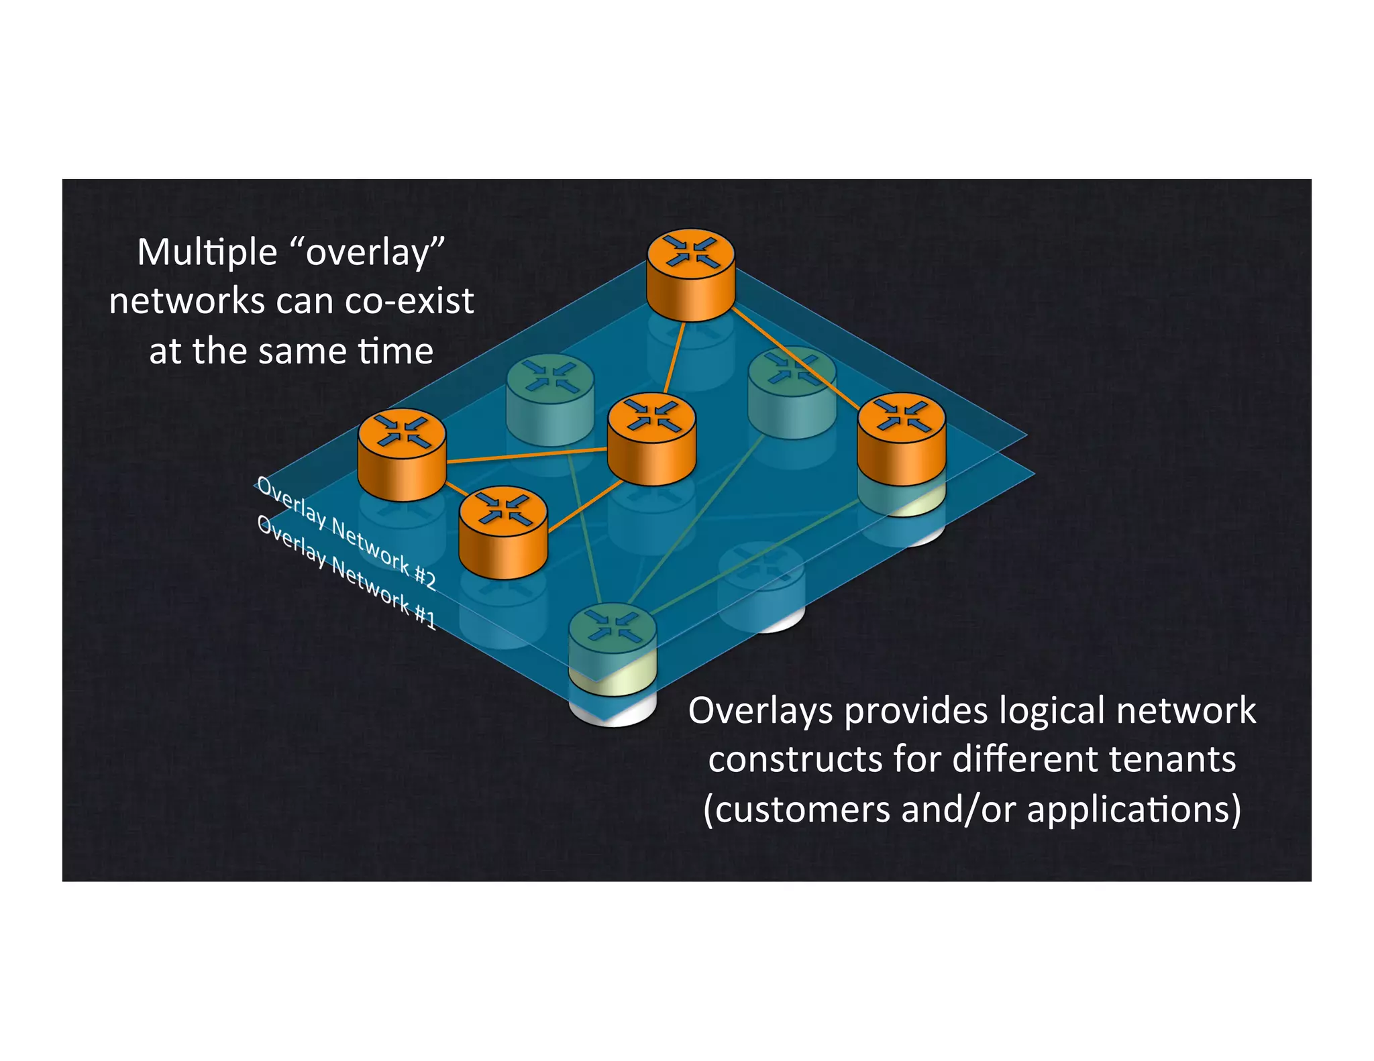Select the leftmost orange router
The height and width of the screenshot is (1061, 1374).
(402, 454)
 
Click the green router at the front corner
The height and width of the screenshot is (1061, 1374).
(612, 637)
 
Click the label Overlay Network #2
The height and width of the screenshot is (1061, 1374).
(346, 534)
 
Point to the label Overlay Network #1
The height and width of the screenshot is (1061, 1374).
(346, 573)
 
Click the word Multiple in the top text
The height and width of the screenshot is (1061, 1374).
(207, 254)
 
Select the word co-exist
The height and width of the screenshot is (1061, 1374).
(409, 302)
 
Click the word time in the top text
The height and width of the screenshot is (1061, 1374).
(395, 351)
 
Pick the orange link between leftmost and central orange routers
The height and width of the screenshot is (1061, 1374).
(527, 455)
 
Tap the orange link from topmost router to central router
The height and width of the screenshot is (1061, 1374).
(674, 357)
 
